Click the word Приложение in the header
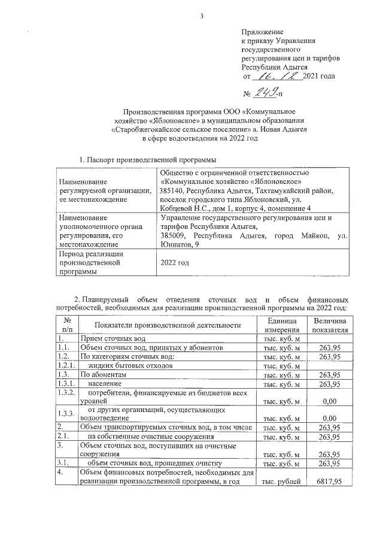click(262, 31)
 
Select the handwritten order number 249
click(269, 92)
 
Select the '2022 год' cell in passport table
click(175, 262)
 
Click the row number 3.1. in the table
click(63, 463)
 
